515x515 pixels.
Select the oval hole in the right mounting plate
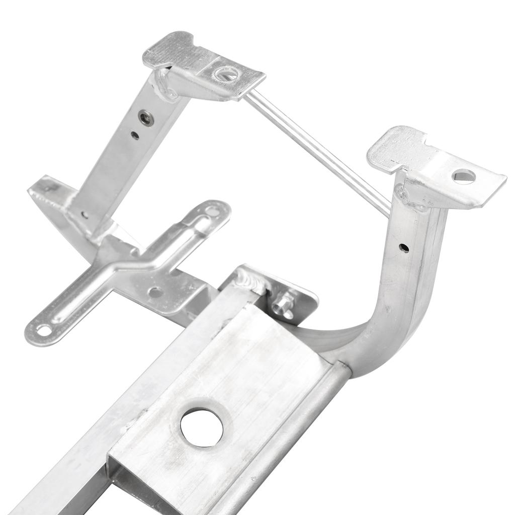coord(463,176)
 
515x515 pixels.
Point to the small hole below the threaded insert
coord(135,135)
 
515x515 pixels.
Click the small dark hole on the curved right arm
coord(404,247)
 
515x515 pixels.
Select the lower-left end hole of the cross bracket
coord(44,330)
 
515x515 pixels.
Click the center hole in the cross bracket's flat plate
coord(155,292)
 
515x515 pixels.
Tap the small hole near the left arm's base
coord(84,215)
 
